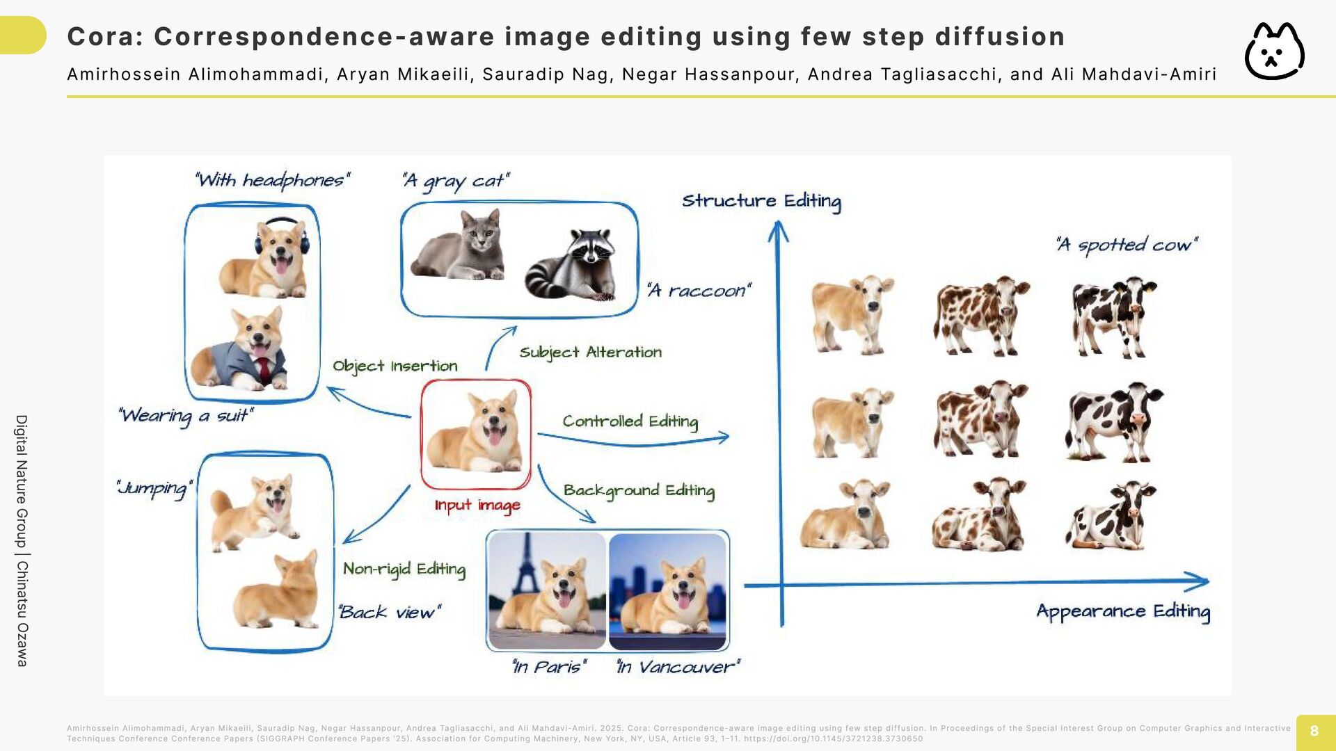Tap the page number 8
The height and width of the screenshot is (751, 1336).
pos(1314,731)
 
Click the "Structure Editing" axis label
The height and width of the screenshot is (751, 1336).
pos(761,202)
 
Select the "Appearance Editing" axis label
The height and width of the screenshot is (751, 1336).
pos(1123,612)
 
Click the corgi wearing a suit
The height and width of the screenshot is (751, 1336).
pos(241,348)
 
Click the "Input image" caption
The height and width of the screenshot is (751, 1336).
pos(477,506)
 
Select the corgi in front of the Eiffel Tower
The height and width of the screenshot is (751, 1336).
pos(547,590)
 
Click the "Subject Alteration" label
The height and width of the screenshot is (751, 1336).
pos(591,353)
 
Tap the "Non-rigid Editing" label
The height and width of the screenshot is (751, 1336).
pos(404,570)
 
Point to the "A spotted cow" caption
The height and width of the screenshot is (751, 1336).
pos(1127,245)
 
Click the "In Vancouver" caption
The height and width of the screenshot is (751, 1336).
pos(678,668)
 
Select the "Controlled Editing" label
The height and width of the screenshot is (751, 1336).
pos(630,421)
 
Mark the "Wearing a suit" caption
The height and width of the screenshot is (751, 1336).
pos(186,416)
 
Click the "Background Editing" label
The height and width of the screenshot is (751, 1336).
pos(639,491)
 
